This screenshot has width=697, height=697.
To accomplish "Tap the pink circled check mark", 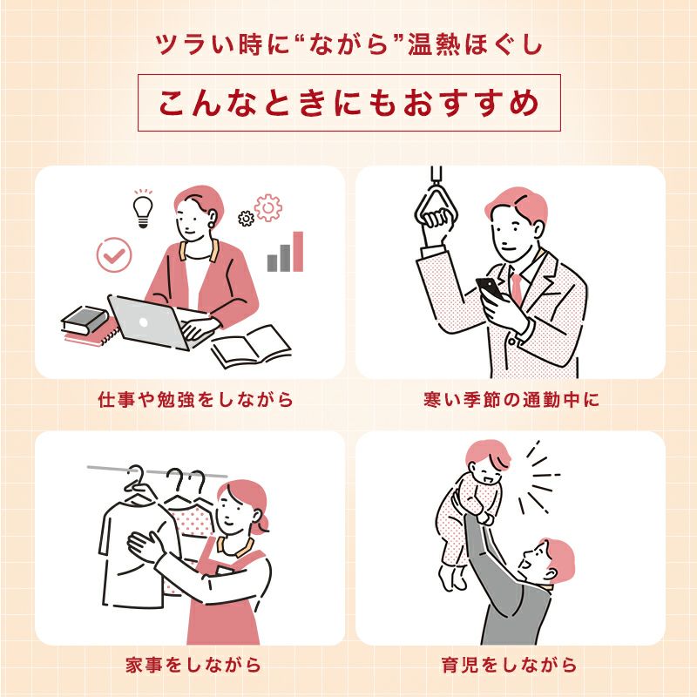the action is click(114, 254).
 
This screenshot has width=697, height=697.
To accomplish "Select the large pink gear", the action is click(268, 207).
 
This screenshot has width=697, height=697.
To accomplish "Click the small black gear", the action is click(246, 218).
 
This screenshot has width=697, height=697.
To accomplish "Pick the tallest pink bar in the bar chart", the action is click(298, 251).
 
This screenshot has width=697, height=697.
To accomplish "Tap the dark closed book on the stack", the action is click(85, 320).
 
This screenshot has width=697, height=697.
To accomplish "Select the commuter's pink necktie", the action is click(517, 289).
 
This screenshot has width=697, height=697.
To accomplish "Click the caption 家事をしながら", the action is click(193, 665).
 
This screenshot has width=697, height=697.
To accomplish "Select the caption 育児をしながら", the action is click(510, 665).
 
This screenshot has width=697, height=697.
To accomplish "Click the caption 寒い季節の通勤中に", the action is click(511, 400).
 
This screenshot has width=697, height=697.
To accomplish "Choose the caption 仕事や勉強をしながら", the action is click(195, 400).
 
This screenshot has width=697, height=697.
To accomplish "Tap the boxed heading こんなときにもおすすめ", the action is click(349, 103).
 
